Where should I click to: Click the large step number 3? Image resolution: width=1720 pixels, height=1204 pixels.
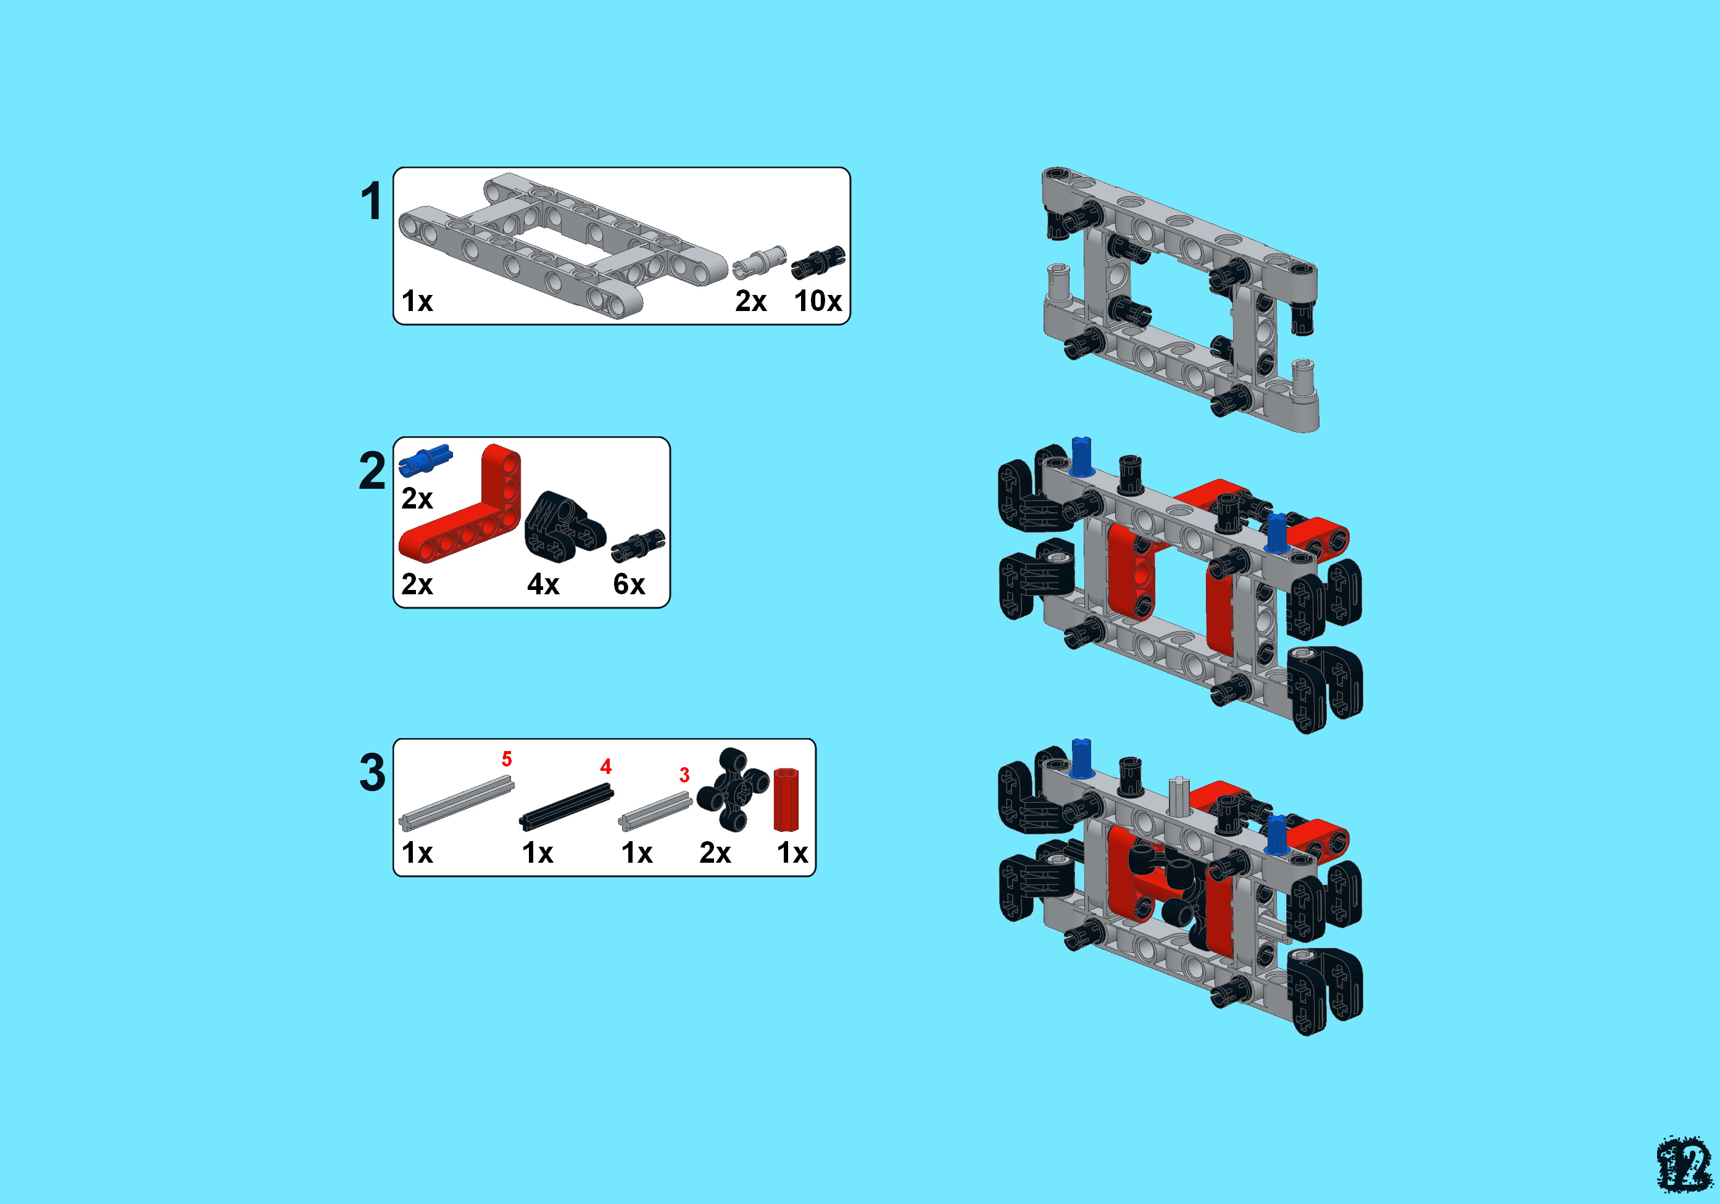pos(372,773)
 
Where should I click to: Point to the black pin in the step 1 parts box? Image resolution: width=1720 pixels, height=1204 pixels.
pos(818,262)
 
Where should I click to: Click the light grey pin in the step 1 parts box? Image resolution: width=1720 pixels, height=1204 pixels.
pos(760,262)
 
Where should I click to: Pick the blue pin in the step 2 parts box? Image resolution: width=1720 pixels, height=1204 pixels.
pos(425,460)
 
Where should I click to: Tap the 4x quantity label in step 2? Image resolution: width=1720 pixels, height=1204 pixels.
pos(543,584)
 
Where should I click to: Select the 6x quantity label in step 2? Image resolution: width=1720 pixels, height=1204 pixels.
pos(629,584)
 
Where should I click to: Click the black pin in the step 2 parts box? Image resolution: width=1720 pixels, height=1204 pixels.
pos(638,546)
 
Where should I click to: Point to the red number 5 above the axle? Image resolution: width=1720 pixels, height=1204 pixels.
pos(507,759)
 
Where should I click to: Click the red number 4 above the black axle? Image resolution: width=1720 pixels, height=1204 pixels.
pos(606,766)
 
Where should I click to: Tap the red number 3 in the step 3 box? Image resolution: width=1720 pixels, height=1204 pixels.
pos(684,774)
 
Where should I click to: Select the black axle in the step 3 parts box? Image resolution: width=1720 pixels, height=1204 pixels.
pos(567,807)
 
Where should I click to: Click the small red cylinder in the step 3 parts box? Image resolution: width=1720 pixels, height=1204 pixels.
pos(786,799)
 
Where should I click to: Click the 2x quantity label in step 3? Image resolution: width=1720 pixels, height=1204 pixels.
pos(715,853)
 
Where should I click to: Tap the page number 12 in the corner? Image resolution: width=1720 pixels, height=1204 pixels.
pos(1684,1165)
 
